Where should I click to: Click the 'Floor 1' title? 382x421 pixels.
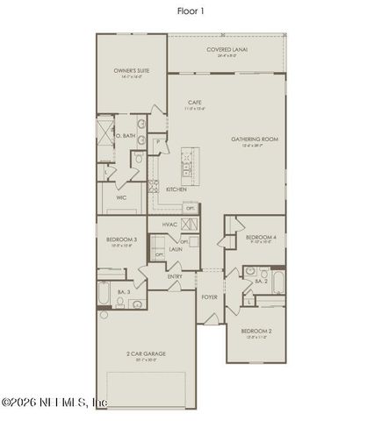[190, 11]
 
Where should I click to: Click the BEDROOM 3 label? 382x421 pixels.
[122, 239]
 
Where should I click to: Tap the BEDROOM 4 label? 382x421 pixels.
[261, 238]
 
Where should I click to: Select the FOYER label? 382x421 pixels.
[209, 296]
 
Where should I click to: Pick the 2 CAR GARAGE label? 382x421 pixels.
[147, 353]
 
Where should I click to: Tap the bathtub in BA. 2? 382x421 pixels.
[278, 283]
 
